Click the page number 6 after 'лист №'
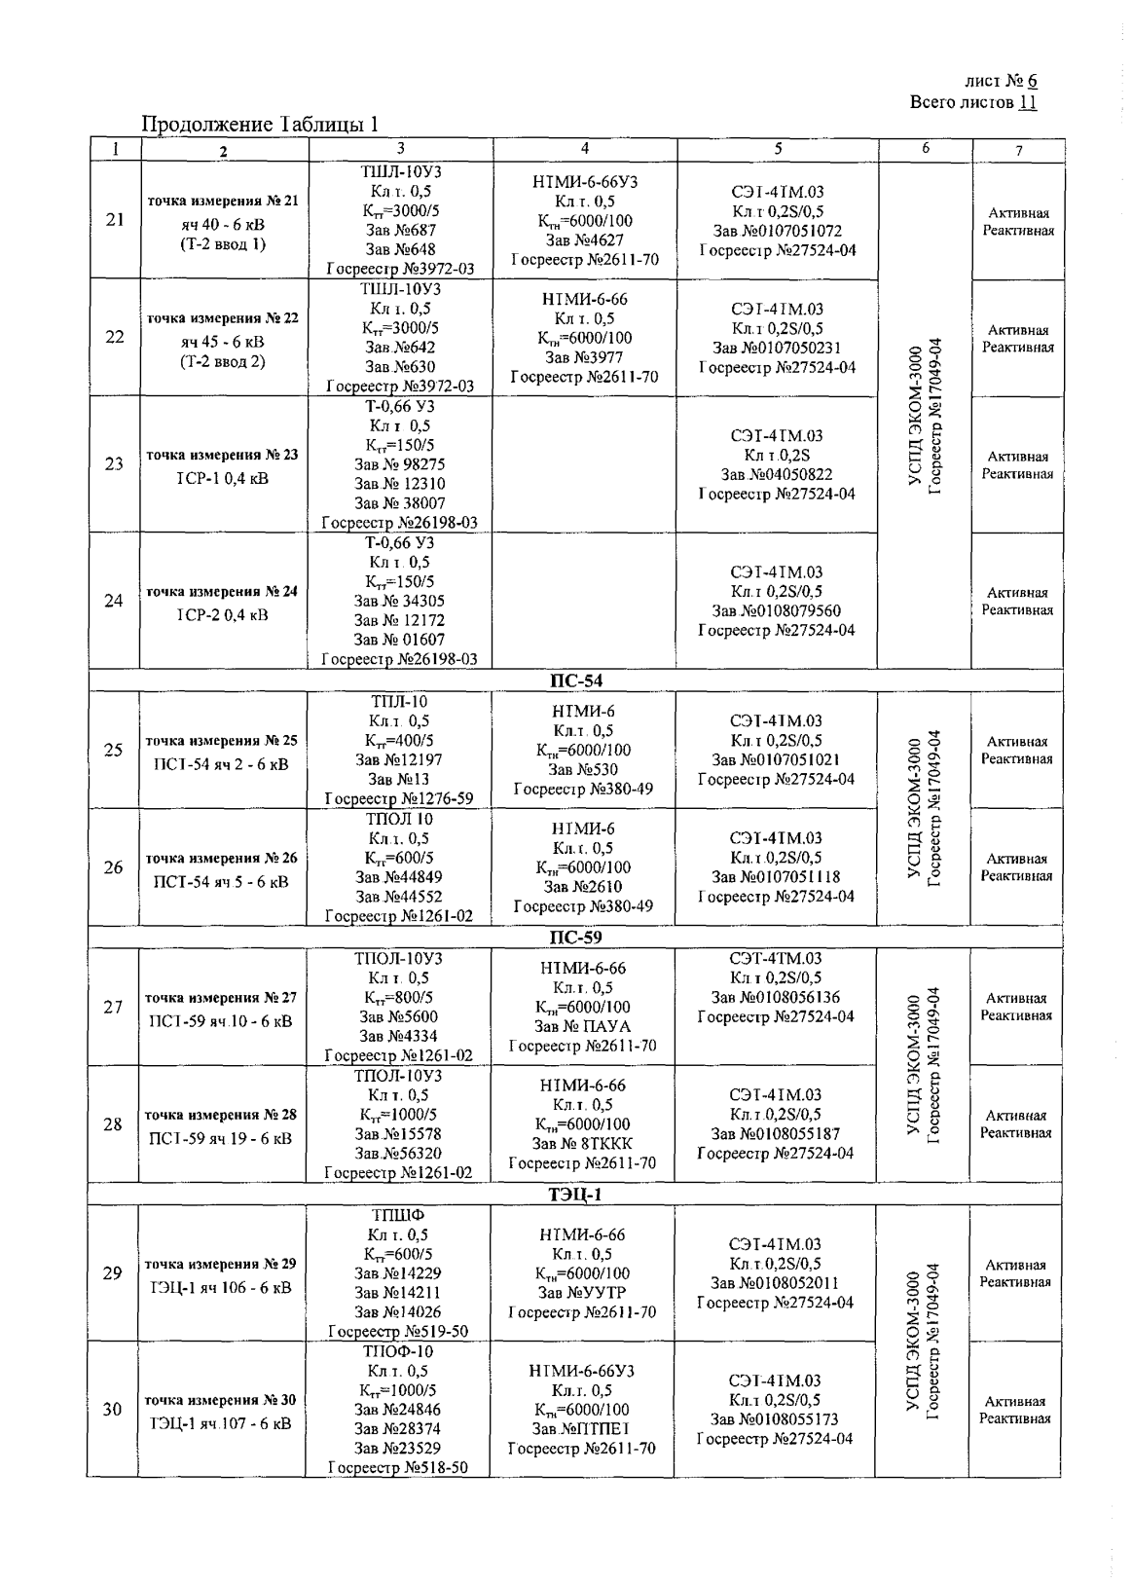[x=1031, y=83]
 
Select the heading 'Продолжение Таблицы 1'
[x=260, y=124]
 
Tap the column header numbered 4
[x=584, y=149]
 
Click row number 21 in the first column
[x=115, y=219]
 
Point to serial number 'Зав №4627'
[x=584, y=240]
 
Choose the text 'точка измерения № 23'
[x=222, y=455]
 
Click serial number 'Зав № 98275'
[x=400, y=464]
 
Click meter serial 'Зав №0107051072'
[x=778, y=232]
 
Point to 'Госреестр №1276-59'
[x=399, y=799]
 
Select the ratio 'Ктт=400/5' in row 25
[x=399, y=741]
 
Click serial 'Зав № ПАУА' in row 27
[x=583, y=1026]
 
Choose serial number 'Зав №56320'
[x=398, y=1154]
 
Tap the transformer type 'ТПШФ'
[x=398, y=1215]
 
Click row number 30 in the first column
[x=113, y=1410]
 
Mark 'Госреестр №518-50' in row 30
[x=398, y=1468]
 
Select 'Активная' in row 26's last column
[x=1016, y=859]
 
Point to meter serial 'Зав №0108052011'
[x=776, y=1283]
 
